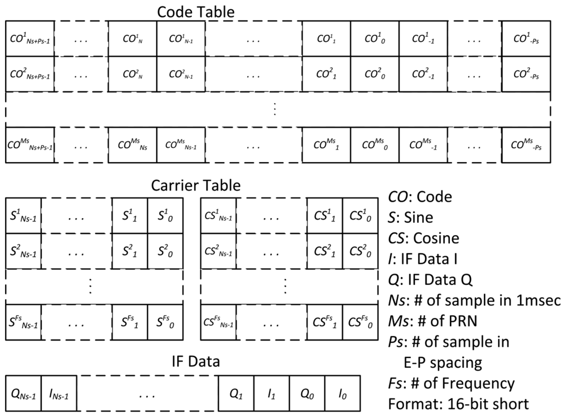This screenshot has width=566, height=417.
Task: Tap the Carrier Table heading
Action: click(196, 185)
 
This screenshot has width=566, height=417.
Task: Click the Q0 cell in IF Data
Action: click(307, 393)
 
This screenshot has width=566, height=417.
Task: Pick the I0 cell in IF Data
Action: click(342, 393)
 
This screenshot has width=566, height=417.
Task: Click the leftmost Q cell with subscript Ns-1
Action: click(23, 393)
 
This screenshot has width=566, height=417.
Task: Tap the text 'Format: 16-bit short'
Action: click(459, 405)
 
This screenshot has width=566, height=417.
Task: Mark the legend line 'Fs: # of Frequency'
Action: click(451, 384)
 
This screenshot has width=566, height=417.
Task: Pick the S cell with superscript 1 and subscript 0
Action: click(165, 215)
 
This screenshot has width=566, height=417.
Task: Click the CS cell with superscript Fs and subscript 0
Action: click(361, 323)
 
